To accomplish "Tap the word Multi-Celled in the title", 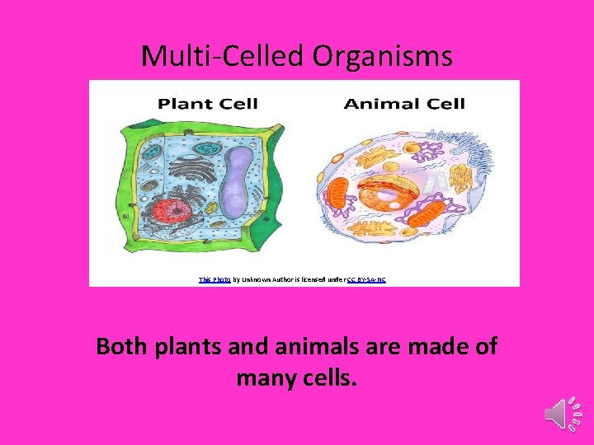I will click(224, 56).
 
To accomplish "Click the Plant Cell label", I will click(207, 104).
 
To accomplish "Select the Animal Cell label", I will click(404, 104).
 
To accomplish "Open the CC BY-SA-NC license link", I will click(366, 279).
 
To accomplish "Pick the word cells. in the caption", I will click(328, 379).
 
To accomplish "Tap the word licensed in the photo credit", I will click(317, 279).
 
